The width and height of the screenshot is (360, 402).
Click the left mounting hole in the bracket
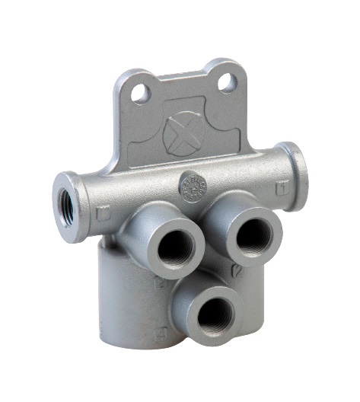click(x=139, y=93)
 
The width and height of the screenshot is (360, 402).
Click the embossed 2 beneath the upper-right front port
click(x=238, y=270)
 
